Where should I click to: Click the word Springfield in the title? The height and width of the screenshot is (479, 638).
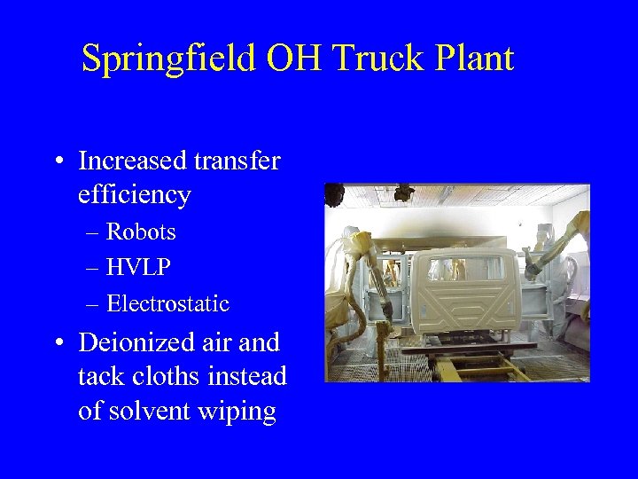(x=160, y=59)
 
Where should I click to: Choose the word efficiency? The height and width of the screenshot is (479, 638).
(x=135, y=195)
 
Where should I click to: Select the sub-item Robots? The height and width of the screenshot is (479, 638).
(x=141, y=232)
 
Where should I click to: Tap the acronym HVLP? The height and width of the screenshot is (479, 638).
(x=140, y=268)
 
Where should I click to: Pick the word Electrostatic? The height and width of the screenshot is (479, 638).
(x=167, y=304)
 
